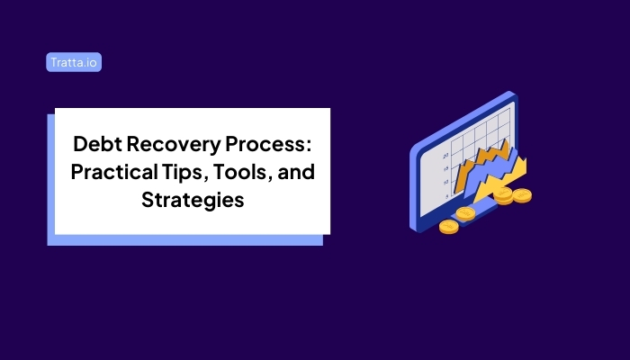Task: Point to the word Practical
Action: pyautogui.click(x=115, y=172)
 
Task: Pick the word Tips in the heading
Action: pyautogui.click(x=190, y=172)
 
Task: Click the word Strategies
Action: pyautogui.click(x=193, y=200)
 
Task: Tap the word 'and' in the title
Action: pyautogui.click(x=297, y=172)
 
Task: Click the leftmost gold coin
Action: pyautogui.click(x=448, y=226)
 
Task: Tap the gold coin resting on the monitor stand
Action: pyautogui.click(x=465, y=213)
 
